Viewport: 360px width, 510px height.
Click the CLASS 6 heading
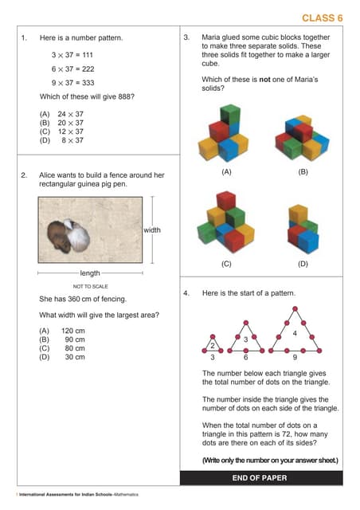(322, 18)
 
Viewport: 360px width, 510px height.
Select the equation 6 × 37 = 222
(72, 69)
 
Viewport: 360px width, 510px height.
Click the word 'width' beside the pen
(152, 230)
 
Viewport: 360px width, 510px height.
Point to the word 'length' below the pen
(90, 273)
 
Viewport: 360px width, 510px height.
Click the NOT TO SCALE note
(90, 287)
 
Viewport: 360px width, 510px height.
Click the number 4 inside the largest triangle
(295, 332)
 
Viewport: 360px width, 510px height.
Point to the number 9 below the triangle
(295, 359)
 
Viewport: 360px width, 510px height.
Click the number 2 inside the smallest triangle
(212, 346)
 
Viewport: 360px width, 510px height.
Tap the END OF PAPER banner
(260, 478)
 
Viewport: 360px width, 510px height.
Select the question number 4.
(186, 293)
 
